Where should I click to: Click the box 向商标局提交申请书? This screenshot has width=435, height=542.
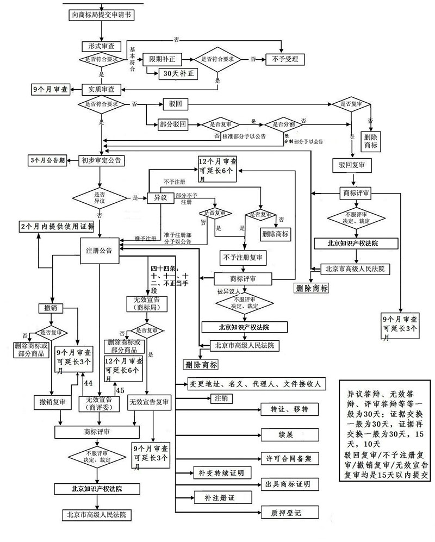click(x=102, y=15)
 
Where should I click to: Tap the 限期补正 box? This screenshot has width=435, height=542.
click(x=161, y=59)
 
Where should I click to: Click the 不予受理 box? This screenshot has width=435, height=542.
click(x=284, y=59)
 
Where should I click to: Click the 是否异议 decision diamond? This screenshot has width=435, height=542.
click(x=100, y=197)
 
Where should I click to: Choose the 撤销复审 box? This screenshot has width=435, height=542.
click(x=53, y=402)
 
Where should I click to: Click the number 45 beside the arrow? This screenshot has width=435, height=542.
click(x=120, y=390)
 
